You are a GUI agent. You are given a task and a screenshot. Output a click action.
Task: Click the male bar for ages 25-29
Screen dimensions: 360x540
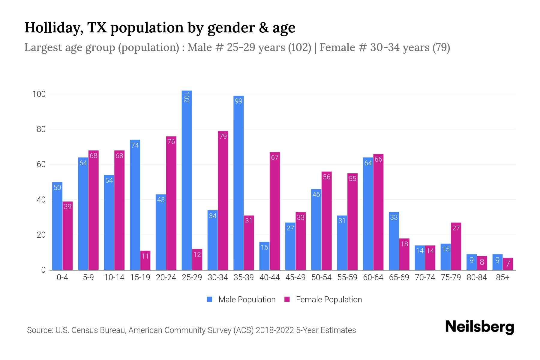coord(187,180)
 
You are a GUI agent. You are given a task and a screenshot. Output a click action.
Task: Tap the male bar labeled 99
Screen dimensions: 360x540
coord(238,183)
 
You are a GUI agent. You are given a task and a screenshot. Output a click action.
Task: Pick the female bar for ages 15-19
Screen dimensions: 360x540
coord(145,260)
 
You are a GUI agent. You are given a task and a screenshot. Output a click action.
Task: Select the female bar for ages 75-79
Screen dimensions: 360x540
coord(456,246)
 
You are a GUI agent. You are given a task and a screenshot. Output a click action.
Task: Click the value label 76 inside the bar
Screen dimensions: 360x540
coord(171,142)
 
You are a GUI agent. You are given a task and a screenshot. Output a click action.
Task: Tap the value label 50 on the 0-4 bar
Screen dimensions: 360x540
coord(57,187)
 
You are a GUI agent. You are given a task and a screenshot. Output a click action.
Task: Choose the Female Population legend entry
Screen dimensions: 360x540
coord(323,299)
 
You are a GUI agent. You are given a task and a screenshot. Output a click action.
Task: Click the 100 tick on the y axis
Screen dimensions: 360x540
coord(39,94)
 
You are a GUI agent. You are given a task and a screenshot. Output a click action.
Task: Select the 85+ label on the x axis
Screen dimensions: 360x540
coord(502,277)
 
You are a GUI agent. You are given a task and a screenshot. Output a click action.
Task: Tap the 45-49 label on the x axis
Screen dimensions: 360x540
coord(295,277)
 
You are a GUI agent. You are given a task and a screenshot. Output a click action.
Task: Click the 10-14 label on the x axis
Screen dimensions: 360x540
coord(114,277)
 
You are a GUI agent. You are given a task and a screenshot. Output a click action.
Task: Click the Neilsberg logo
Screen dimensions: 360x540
coord(479,327)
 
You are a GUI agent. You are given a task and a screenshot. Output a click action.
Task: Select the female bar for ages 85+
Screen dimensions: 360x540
coord(508,264)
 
